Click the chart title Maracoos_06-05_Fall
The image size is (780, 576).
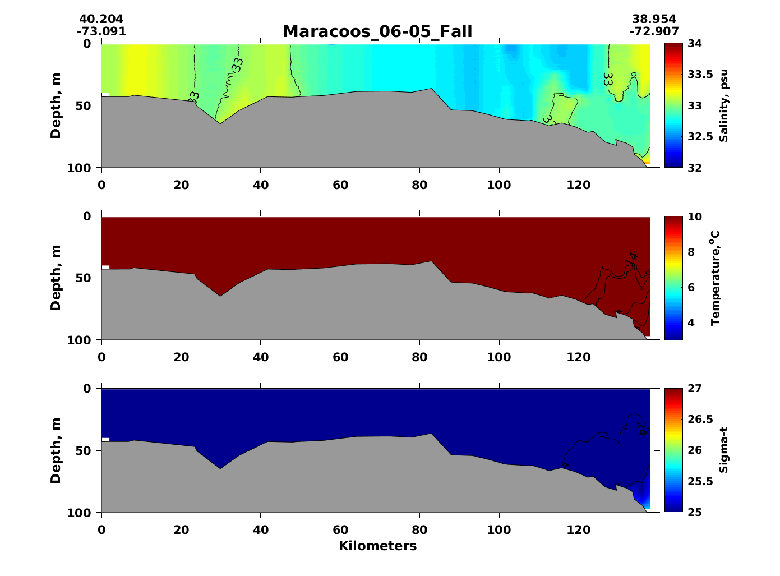coord(377,31)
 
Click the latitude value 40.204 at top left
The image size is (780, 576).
coord(101,20)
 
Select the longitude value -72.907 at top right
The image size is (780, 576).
coord(654,31)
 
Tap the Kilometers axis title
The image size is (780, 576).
coord(377,546)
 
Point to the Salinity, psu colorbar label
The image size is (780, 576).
coord(724,105)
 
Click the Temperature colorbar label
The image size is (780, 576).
coord(714,278)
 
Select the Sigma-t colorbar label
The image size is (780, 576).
coord(724,450)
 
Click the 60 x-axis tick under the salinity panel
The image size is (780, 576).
coord(340,185)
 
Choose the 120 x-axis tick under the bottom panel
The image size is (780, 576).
coord(579,529)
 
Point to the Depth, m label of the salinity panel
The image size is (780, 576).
coord(56,105)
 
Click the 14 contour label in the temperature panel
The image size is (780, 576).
coord(632,259)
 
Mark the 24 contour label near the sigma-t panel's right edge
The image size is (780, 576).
coord(642,428)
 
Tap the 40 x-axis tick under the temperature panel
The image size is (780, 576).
coord(261,357)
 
